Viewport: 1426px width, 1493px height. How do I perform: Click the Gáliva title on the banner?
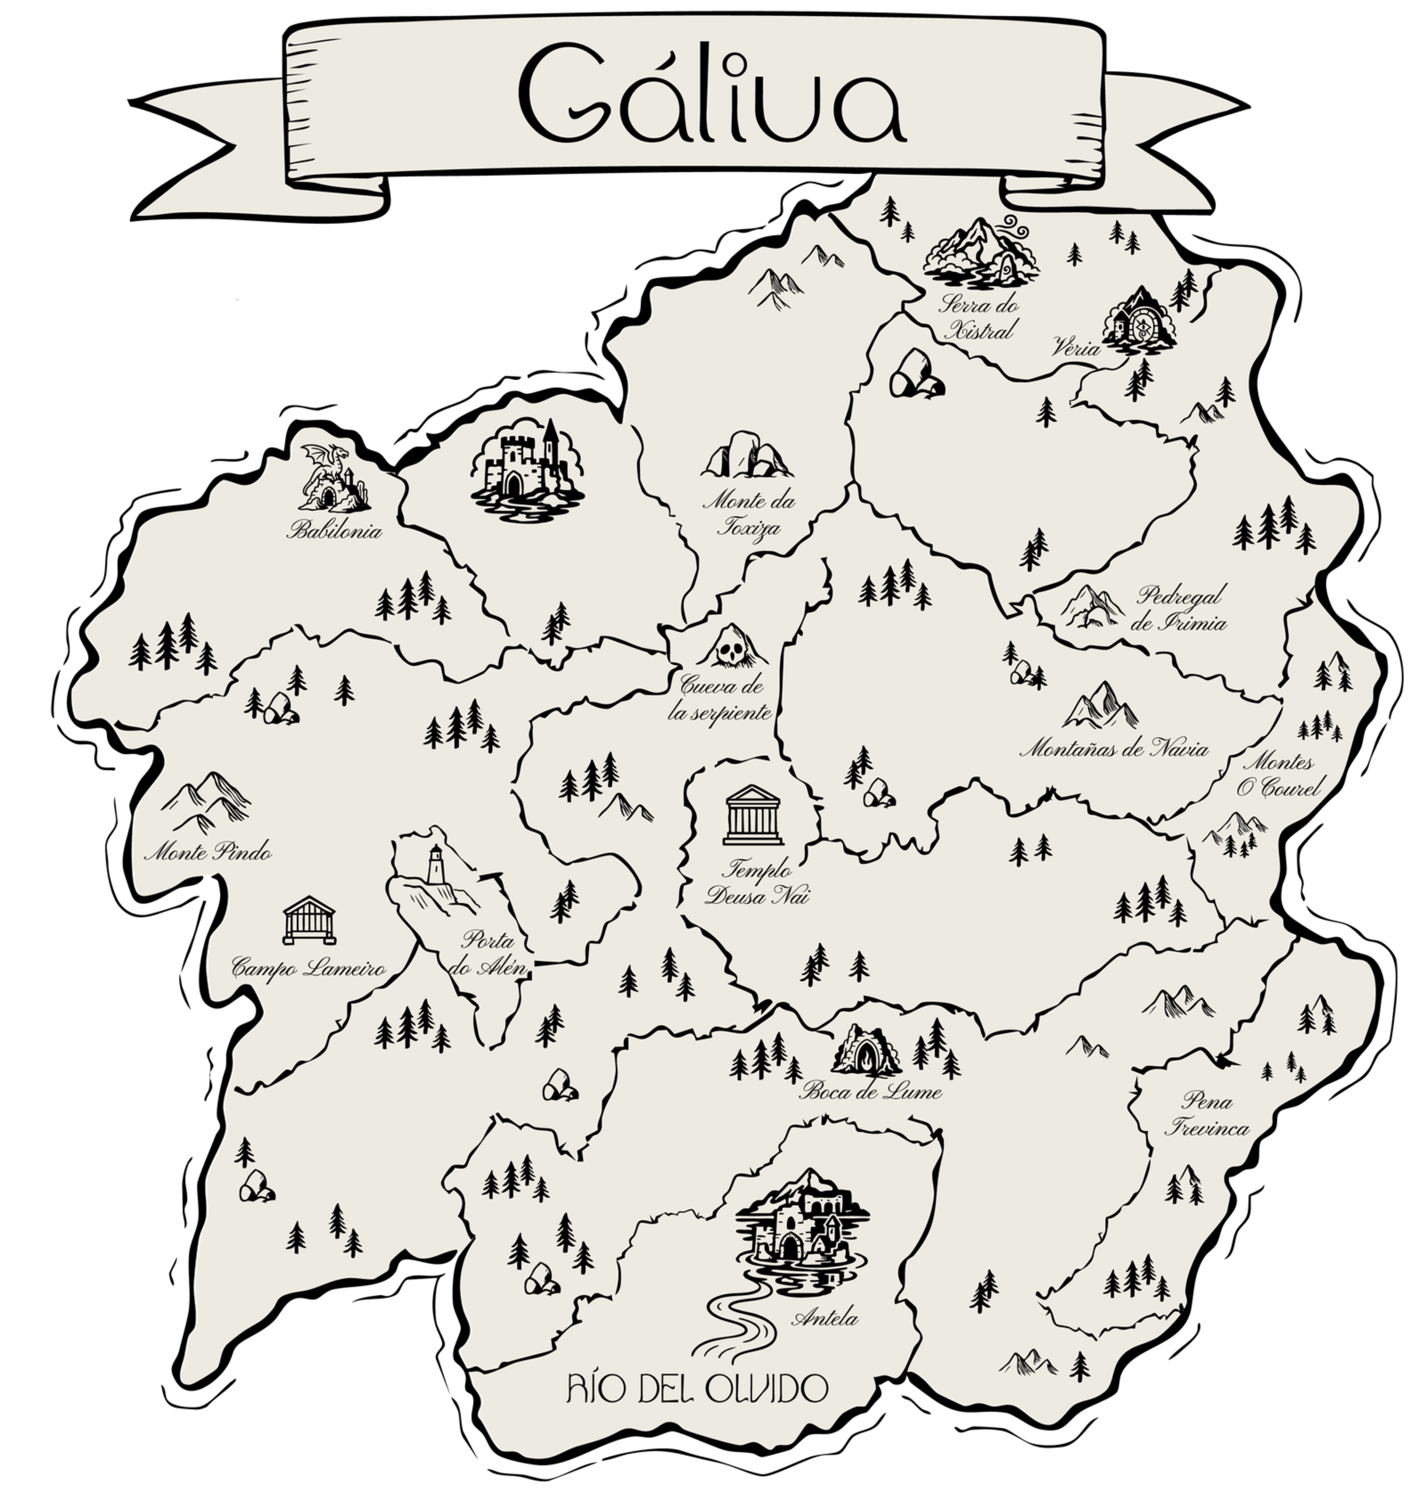[x=712, y=95]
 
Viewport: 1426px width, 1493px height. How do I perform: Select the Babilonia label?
[x=334, y=531]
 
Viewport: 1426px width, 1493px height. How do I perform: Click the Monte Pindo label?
[x=208, y=852]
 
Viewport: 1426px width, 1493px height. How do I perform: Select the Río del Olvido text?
[x=697, y=1389]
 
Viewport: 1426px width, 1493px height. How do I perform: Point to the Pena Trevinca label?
[x=1207, y=1114]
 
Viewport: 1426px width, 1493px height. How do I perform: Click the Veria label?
[x=1075, y=349]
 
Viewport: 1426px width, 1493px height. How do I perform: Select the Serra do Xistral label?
[x=978, y=318]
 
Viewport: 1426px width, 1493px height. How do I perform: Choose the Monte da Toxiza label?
[x=749, y=514]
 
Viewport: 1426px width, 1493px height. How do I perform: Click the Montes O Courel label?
[x=1277, y=774]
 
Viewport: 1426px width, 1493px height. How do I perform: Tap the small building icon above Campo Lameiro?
[x=309, y=919]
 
